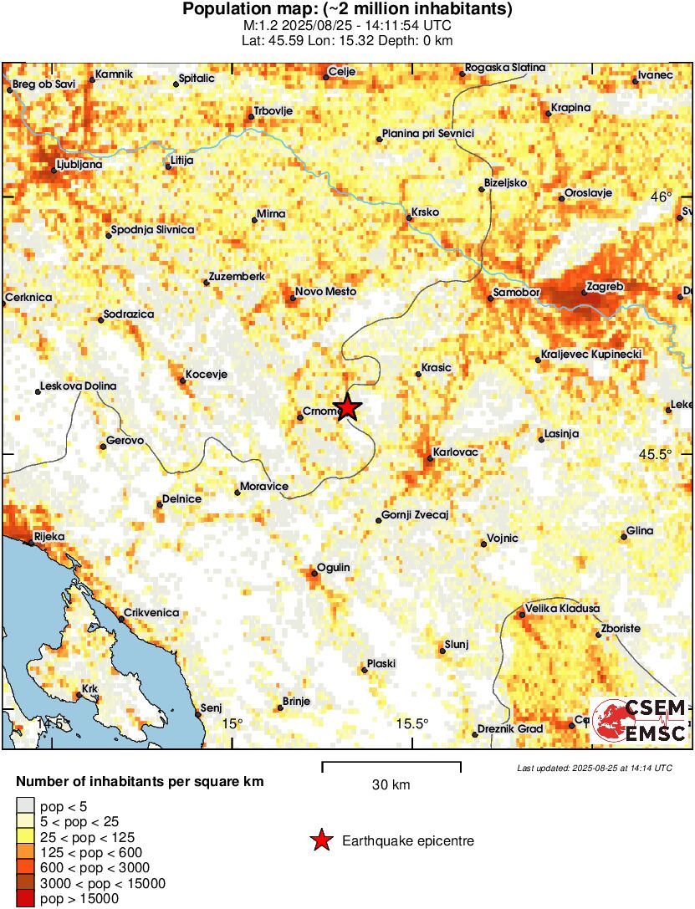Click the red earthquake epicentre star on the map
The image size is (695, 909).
348,407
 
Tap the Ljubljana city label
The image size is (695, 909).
79,165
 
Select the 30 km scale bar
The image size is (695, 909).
391,764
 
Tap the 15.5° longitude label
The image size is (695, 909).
413,723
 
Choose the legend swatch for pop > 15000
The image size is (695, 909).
26,898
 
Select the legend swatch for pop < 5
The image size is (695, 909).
26,807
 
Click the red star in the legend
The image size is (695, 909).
320,840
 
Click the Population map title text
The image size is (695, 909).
347,10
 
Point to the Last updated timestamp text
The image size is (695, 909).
594,768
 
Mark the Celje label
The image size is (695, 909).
343,72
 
